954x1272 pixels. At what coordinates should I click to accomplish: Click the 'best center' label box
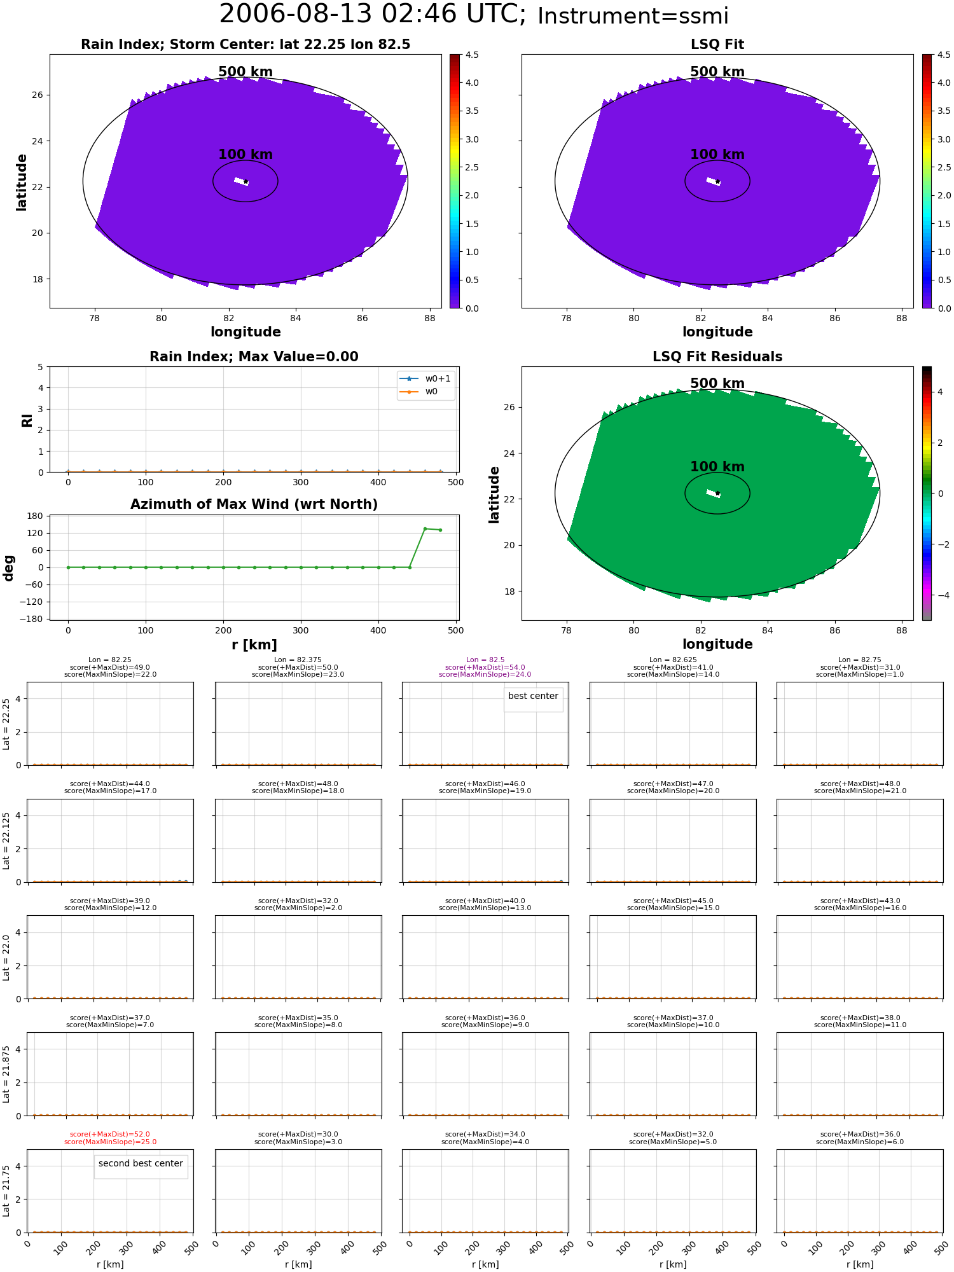pos(533,696)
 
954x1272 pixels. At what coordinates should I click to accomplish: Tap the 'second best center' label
pos(141,1164)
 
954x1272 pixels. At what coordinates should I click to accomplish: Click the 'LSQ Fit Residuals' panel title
pos(717,357)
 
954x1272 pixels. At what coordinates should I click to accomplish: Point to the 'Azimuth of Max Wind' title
pos(254,504)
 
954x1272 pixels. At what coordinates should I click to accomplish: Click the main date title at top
pos(372,14)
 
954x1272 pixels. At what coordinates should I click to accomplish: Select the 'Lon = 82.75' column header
pos(860,660)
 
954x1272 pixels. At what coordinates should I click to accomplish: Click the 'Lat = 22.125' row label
pos(6,841)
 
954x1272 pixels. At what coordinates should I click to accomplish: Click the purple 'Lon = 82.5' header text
pos(485,660)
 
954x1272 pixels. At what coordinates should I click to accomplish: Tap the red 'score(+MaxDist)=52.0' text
pos(110,1135)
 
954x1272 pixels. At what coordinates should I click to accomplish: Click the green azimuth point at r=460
pos(425,529)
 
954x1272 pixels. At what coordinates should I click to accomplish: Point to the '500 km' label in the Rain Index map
pos(245,72)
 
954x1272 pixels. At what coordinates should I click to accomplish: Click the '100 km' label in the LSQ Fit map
pos(717,155)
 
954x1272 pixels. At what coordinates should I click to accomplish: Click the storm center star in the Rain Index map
pos(245,182)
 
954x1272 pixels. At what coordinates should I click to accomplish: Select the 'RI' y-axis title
pos(27,420)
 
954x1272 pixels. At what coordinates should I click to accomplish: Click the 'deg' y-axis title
pos(9,568)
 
